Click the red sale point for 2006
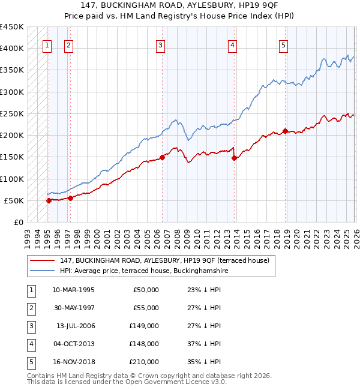pyautogui.click(x=162, y=158)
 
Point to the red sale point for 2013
pyautogui.click(x=234, y=158)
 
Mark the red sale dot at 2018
pyautogui.click(x=285, y=131)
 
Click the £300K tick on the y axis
pyautogui.click(x=11, y=92)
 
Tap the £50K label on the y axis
pyautogui.click(x=14, y=200)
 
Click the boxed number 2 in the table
pyautogui.click(x=30, y=308)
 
